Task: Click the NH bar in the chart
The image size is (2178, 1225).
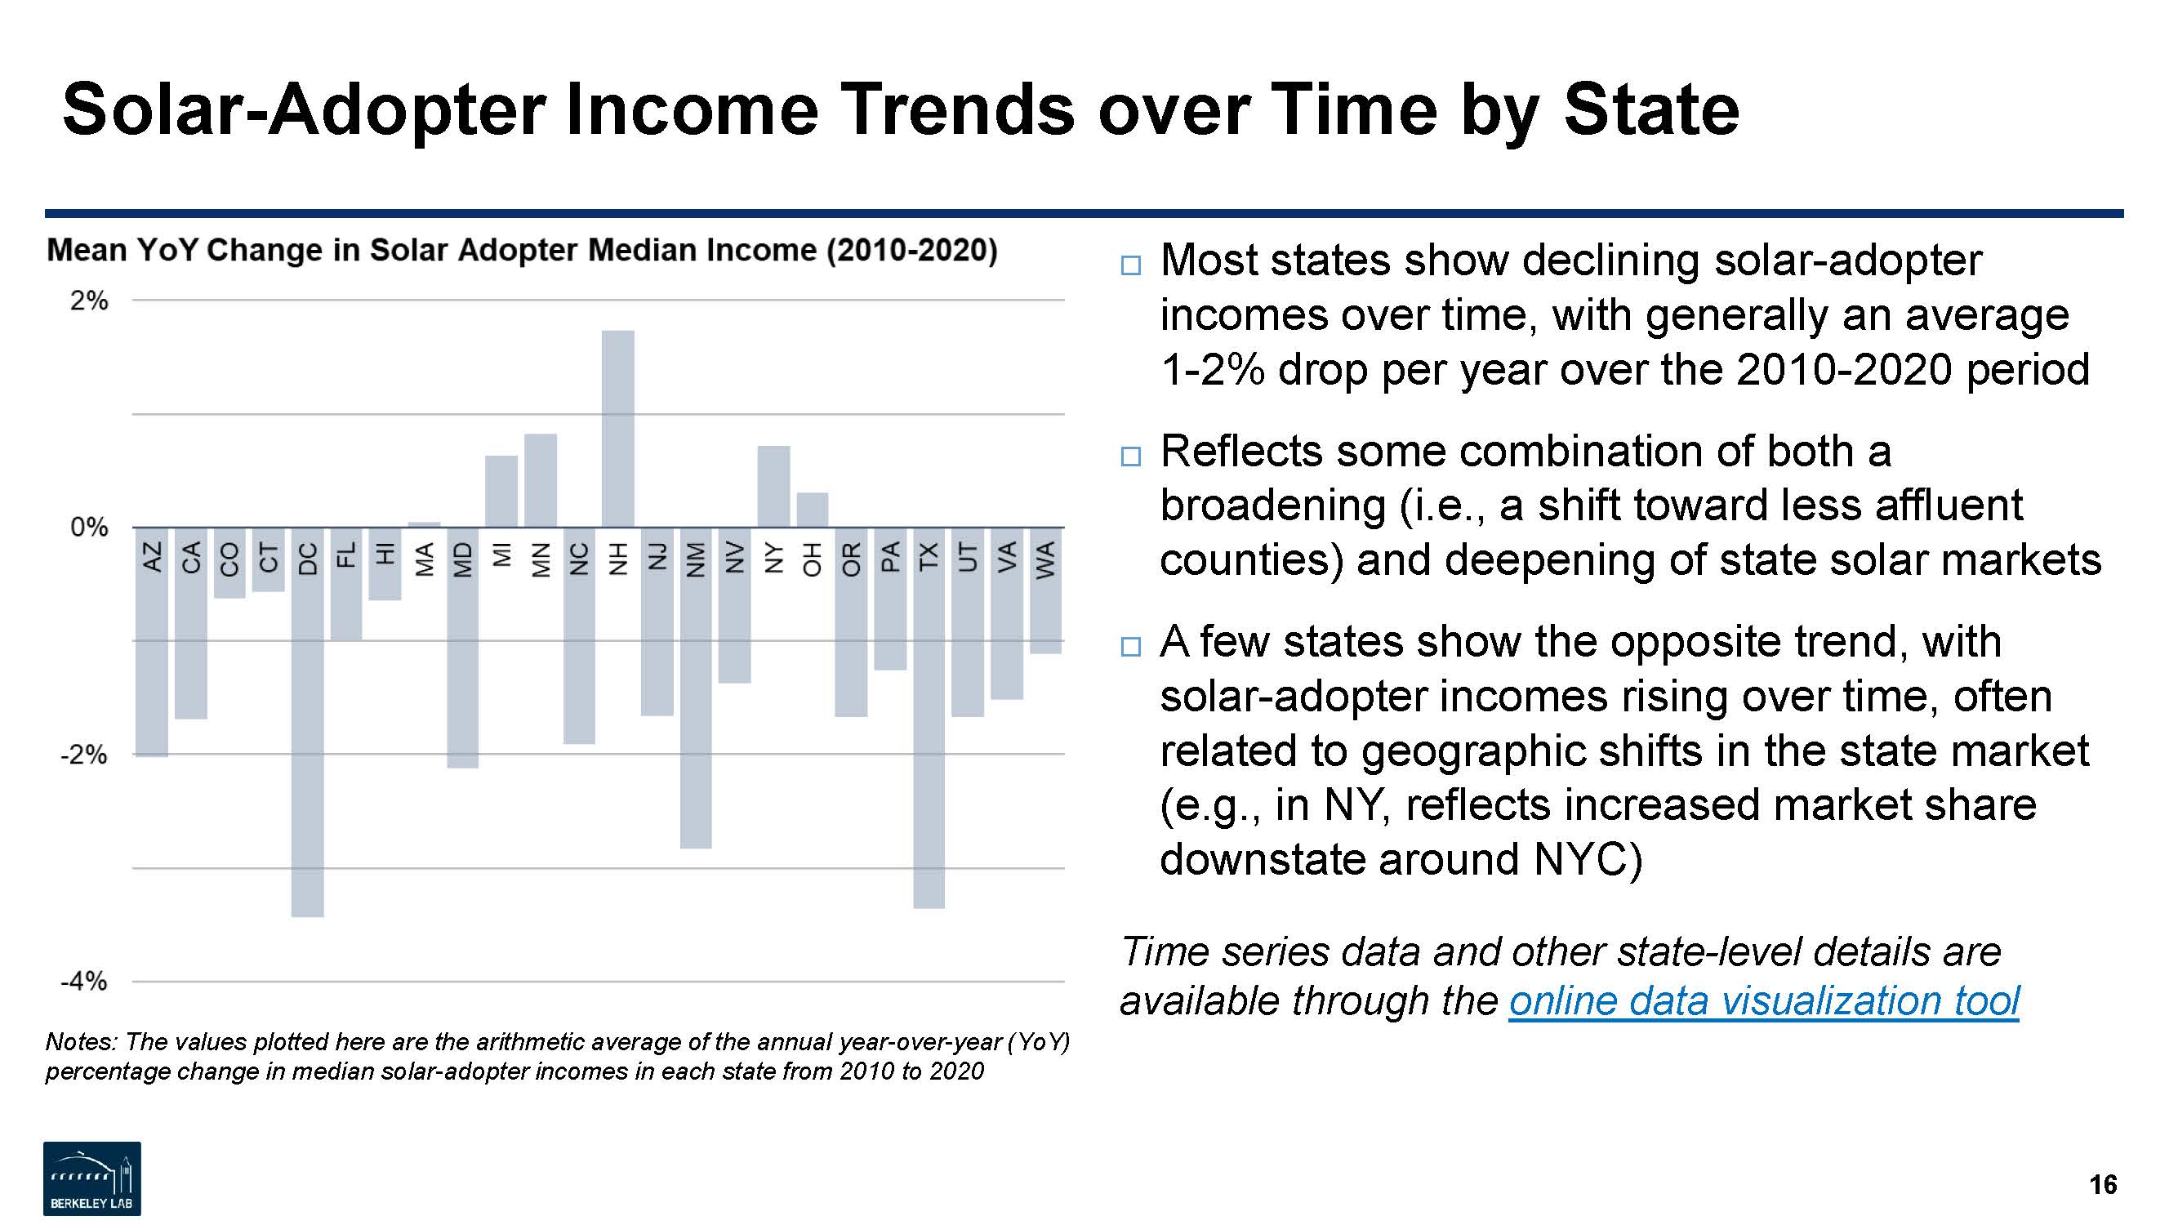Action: [x=618, y=428]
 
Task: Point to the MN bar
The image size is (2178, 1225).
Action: [x=541, y=480]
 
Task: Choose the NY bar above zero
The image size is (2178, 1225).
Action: [x=773, y=486]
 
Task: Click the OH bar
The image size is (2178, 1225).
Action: [x=813, y=510]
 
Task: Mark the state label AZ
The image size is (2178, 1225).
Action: [x=152, y=557]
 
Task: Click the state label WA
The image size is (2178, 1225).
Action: [x=1046, y=559]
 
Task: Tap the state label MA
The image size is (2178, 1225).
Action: [x=425, y=559]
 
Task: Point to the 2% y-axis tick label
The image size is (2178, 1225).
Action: [x=89, y=301]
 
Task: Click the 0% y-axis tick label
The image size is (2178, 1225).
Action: [x=89, y=528]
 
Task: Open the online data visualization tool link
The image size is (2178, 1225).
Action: [x=1764, y=1001]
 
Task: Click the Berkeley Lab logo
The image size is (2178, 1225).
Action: [x=92, y=1178]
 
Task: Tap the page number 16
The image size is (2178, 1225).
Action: [x=2103, y=1184]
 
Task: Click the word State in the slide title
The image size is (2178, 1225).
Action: [x=1650, y=110]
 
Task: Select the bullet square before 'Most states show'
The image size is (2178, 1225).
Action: [x=1130, y=265]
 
